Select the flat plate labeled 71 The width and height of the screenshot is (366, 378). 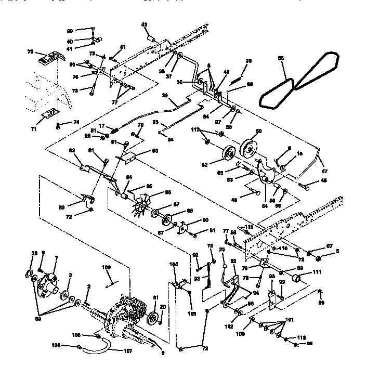tap(50, 112)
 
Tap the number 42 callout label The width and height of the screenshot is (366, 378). tap(145, 24)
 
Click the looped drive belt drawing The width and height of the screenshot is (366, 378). tap(302, 81)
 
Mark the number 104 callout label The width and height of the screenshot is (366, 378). tap(174, 265)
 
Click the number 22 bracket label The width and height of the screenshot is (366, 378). tap(233, 261)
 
